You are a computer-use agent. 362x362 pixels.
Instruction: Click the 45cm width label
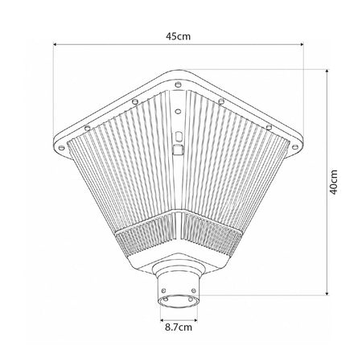(x=178, y=36)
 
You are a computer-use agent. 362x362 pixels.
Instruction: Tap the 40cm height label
(x=334, y=182)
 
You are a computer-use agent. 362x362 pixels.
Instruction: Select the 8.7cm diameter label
(x=179, y=327)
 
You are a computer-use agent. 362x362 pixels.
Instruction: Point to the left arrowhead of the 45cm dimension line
(x=55, y=44)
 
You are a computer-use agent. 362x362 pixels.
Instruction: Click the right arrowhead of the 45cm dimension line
(x=302, y=44)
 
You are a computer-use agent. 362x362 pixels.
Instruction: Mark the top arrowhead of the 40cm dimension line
(x=327, y=71)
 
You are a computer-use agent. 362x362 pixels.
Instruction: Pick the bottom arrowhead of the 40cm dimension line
(x=327, y=294)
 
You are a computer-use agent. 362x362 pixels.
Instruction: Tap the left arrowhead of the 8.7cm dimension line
(x=162, y=320)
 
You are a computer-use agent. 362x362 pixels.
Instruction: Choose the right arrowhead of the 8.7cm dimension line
(x=195, y=320)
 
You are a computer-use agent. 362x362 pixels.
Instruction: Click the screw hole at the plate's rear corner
(x=178, y=84)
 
